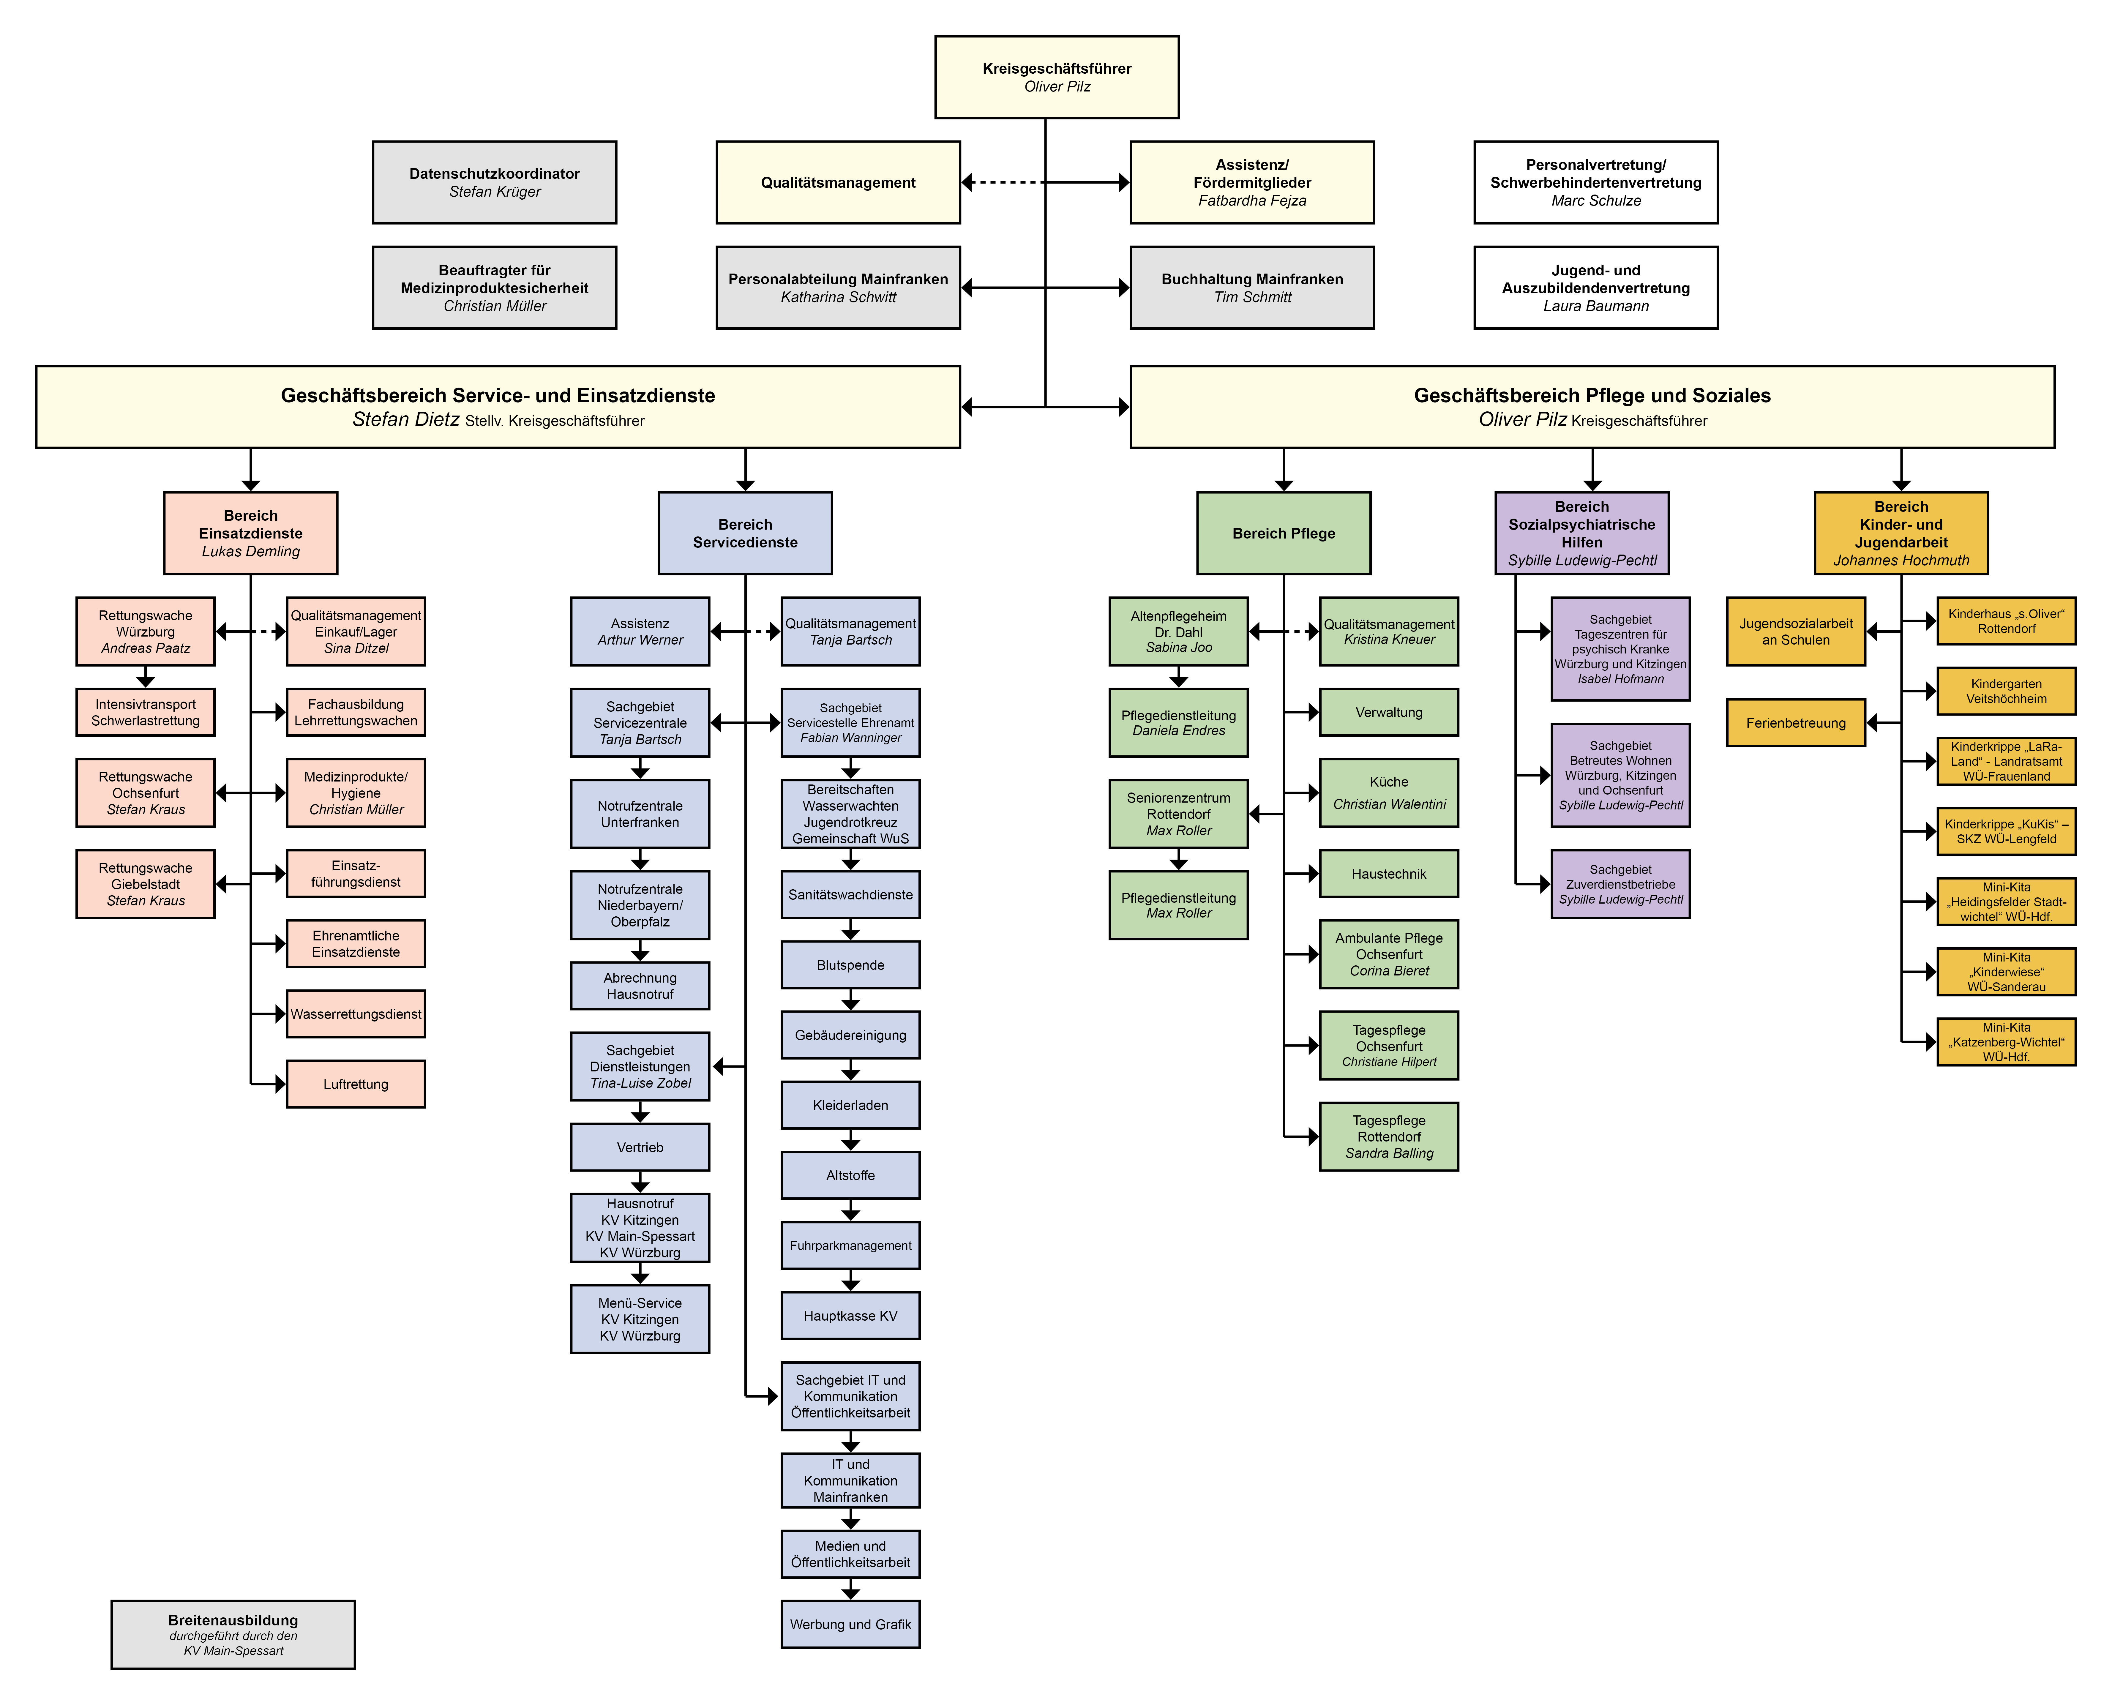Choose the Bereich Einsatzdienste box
click(x=250, y=533)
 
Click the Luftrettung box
click(x=356, y=1084)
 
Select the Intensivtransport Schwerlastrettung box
click(x=145, y=712)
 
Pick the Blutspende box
click(x=851, y=965)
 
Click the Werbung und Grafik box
click(x=851, y=1625)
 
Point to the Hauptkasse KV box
click(x=851, y=1316)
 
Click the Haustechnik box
click(x=1389, y=874)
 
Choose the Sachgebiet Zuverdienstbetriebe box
click(x=1621, y=884)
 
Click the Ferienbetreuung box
click(x=1796, y=723)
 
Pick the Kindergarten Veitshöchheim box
click(x=2006, y=692)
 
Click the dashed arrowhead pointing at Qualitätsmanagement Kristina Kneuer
click(x=1313, y=632)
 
